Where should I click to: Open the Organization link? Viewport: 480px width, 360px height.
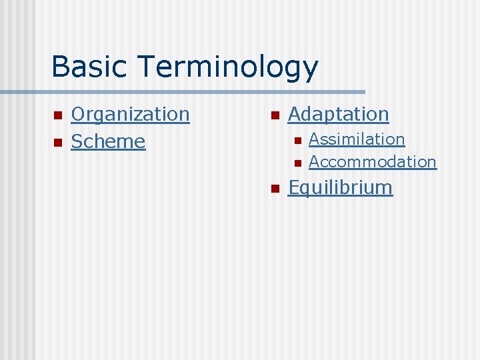pyautogui.click(x=130, y=115)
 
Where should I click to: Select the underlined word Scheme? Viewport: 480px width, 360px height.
pyautogui.click(x=108, y=141)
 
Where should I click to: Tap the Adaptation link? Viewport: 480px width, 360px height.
pyautogui.click(x=338, y=115)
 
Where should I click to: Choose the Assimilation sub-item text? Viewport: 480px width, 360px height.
pyautogui.click(x=357, y=139)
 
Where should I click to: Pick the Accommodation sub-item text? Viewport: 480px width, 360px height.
pyautogui.click(x=372, y=162)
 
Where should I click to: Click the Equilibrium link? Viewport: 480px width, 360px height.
pyautogui.click(x=340, y=188)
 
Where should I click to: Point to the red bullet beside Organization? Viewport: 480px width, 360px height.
pyautogui.click(x=57, y=116)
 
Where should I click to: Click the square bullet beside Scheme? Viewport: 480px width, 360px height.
pyautogui.click(x=57, y=143)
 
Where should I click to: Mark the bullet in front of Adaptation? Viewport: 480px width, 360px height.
pyautogui.click(x=274, y=116)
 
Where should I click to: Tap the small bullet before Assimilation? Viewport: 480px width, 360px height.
pyautogui.click(x=297, y=141)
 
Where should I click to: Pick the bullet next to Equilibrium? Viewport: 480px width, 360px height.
pyautogui.click(x=274, y=189)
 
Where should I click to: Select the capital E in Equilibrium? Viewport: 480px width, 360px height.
pyautogui.click(x=293, y=187)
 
